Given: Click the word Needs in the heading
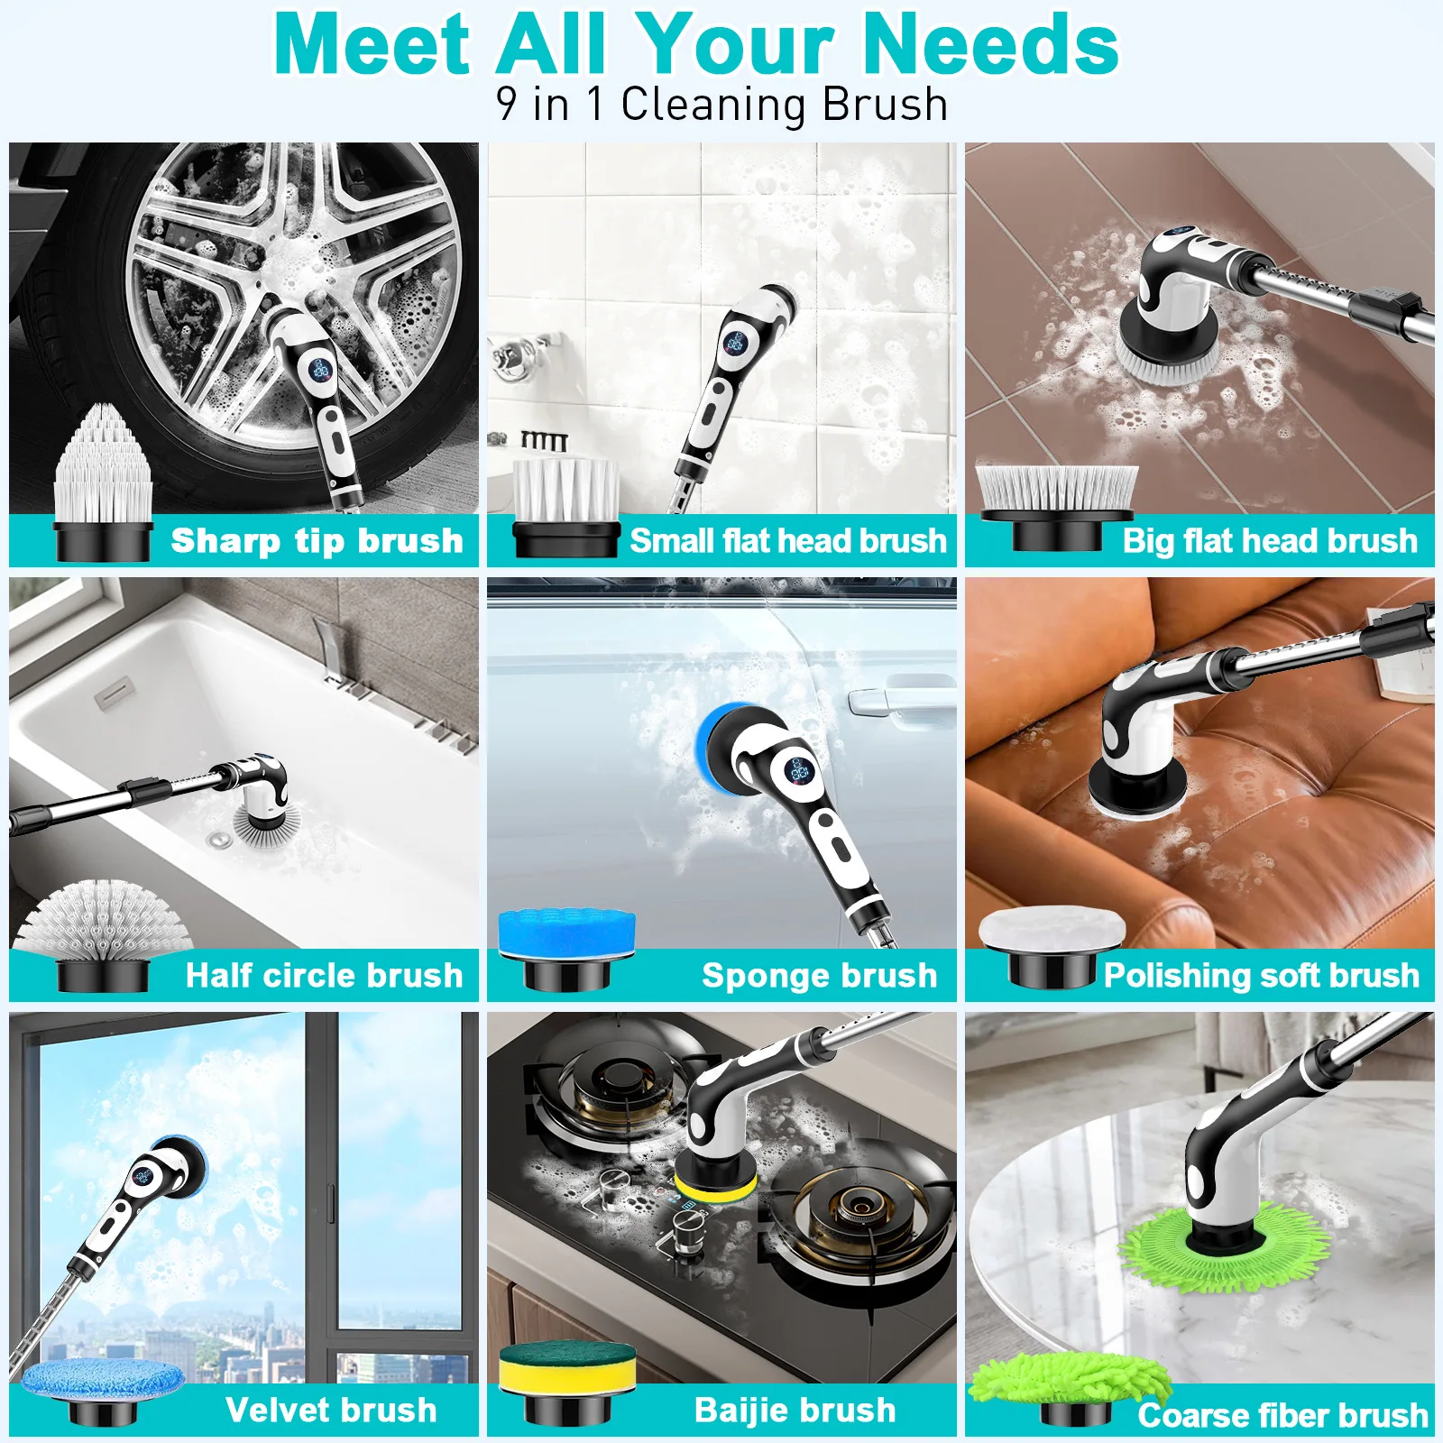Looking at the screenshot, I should point(989,45).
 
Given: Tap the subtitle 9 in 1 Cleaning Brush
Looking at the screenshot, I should point(721,105).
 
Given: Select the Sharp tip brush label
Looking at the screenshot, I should point(317,541).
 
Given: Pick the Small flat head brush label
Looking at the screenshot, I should point(787,541).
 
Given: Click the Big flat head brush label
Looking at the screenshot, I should point(1270,541).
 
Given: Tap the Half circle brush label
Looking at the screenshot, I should point(324,976).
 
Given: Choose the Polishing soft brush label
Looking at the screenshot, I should point(1261,976).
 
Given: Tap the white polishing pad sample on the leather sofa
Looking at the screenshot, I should point(1052,929).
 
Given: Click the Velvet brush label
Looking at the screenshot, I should point(331,1411).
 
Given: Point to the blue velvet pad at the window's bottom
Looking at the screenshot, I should point(101,1380).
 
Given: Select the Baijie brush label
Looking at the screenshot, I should point(795,1411).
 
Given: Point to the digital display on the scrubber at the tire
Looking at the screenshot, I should point(321,369).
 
